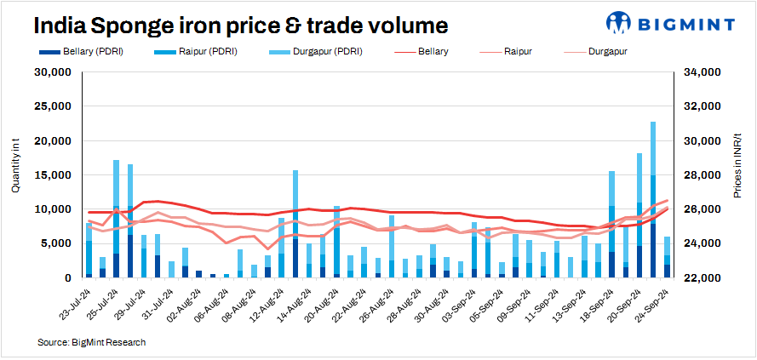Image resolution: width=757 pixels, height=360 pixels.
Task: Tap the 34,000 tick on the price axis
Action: pyautogui.click(x=704, y=72)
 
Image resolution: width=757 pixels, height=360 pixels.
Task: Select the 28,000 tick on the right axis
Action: pyautogui.click(x=704, y=175)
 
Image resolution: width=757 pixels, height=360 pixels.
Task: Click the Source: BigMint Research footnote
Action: pyautogui.click(x=91, y=342)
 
